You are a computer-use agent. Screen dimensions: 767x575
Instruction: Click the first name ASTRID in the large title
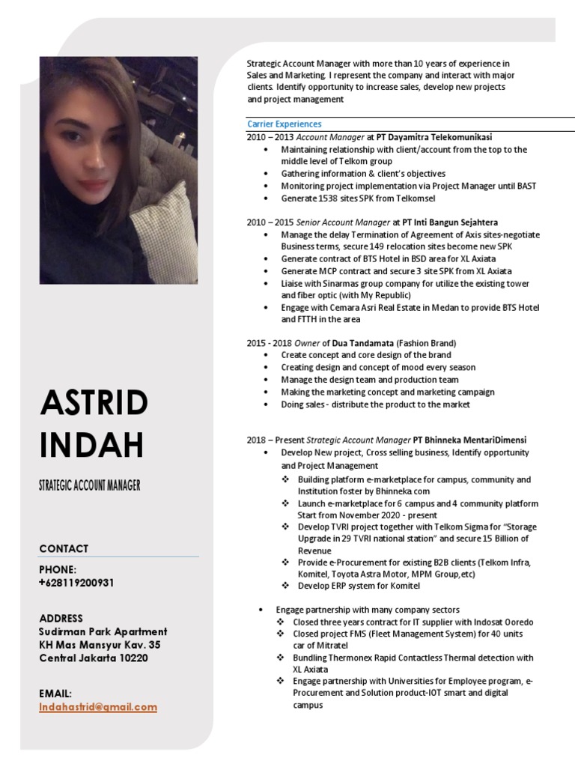[x=94, y=405]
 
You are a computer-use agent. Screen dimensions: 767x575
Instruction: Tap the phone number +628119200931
[x=76, y=583]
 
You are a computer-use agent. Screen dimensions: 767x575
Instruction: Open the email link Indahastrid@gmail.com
[x=98, y=706]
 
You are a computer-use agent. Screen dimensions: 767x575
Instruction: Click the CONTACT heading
[x=64, y=548]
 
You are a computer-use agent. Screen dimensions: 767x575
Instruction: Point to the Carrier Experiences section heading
[x=284, y=124]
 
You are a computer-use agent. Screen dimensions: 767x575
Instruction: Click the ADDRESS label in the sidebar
[x=61, y=618]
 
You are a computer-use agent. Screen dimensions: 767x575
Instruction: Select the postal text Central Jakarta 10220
[x=94, y=658]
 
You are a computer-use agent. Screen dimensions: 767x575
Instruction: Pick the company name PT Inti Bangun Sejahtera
[x=449, y=222]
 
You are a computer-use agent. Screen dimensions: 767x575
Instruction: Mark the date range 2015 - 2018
[x=270, y=343]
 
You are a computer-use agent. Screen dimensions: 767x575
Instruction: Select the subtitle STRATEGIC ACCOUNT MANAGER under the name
[x=90, y=485]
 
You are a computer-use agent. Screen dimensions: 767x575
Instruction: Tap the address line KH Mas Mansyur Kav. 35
[x=100, y=645]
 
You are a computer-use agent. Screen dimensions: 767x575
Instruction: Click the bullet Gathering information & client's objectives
[x=363, y=174]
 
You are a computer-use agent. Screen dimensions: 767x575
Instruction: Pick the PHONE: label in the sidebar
[x=58, y=569]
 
